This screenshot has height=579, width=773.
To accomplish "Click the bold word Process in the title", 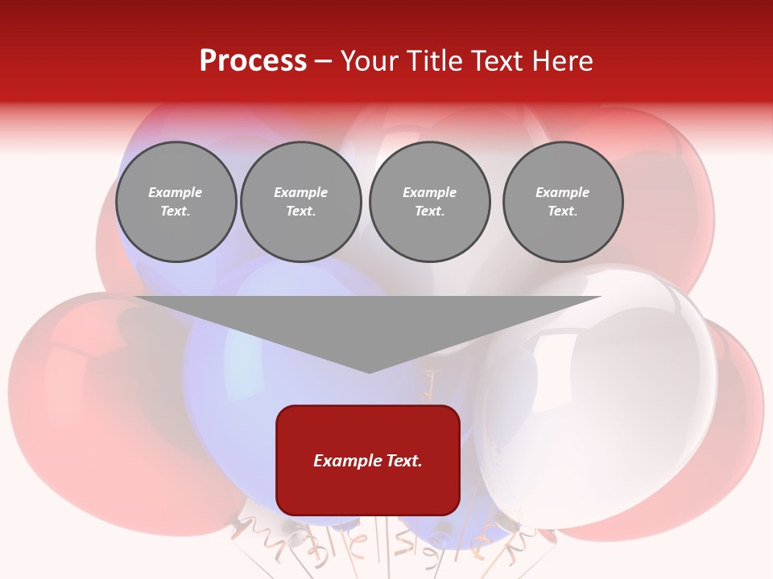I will tap(253, 61).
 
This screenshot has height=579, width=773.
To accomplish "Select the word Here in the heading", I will tap(562, 61).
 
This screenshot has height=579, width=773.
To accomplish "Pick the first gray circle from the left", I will tap(176, 202).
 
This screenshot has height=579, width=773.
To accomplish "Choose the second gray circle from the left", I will tap(301, 202).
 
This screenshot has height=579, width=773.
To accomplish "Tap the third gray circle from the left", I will tap(429, 202).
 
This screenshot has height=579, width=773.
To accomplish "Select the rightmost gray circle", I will tap(563, 202).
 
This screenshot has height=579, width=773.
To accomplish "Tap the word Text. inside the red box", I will tap(402, 461).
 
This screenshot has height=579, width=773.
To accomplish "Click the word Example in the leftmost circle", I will tap(176, 192).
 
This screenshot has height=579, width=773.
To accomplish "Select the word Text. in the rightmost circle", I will tap(563, 211).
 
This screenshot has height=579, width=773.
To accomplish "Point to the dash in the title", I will tap(324, 61).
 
